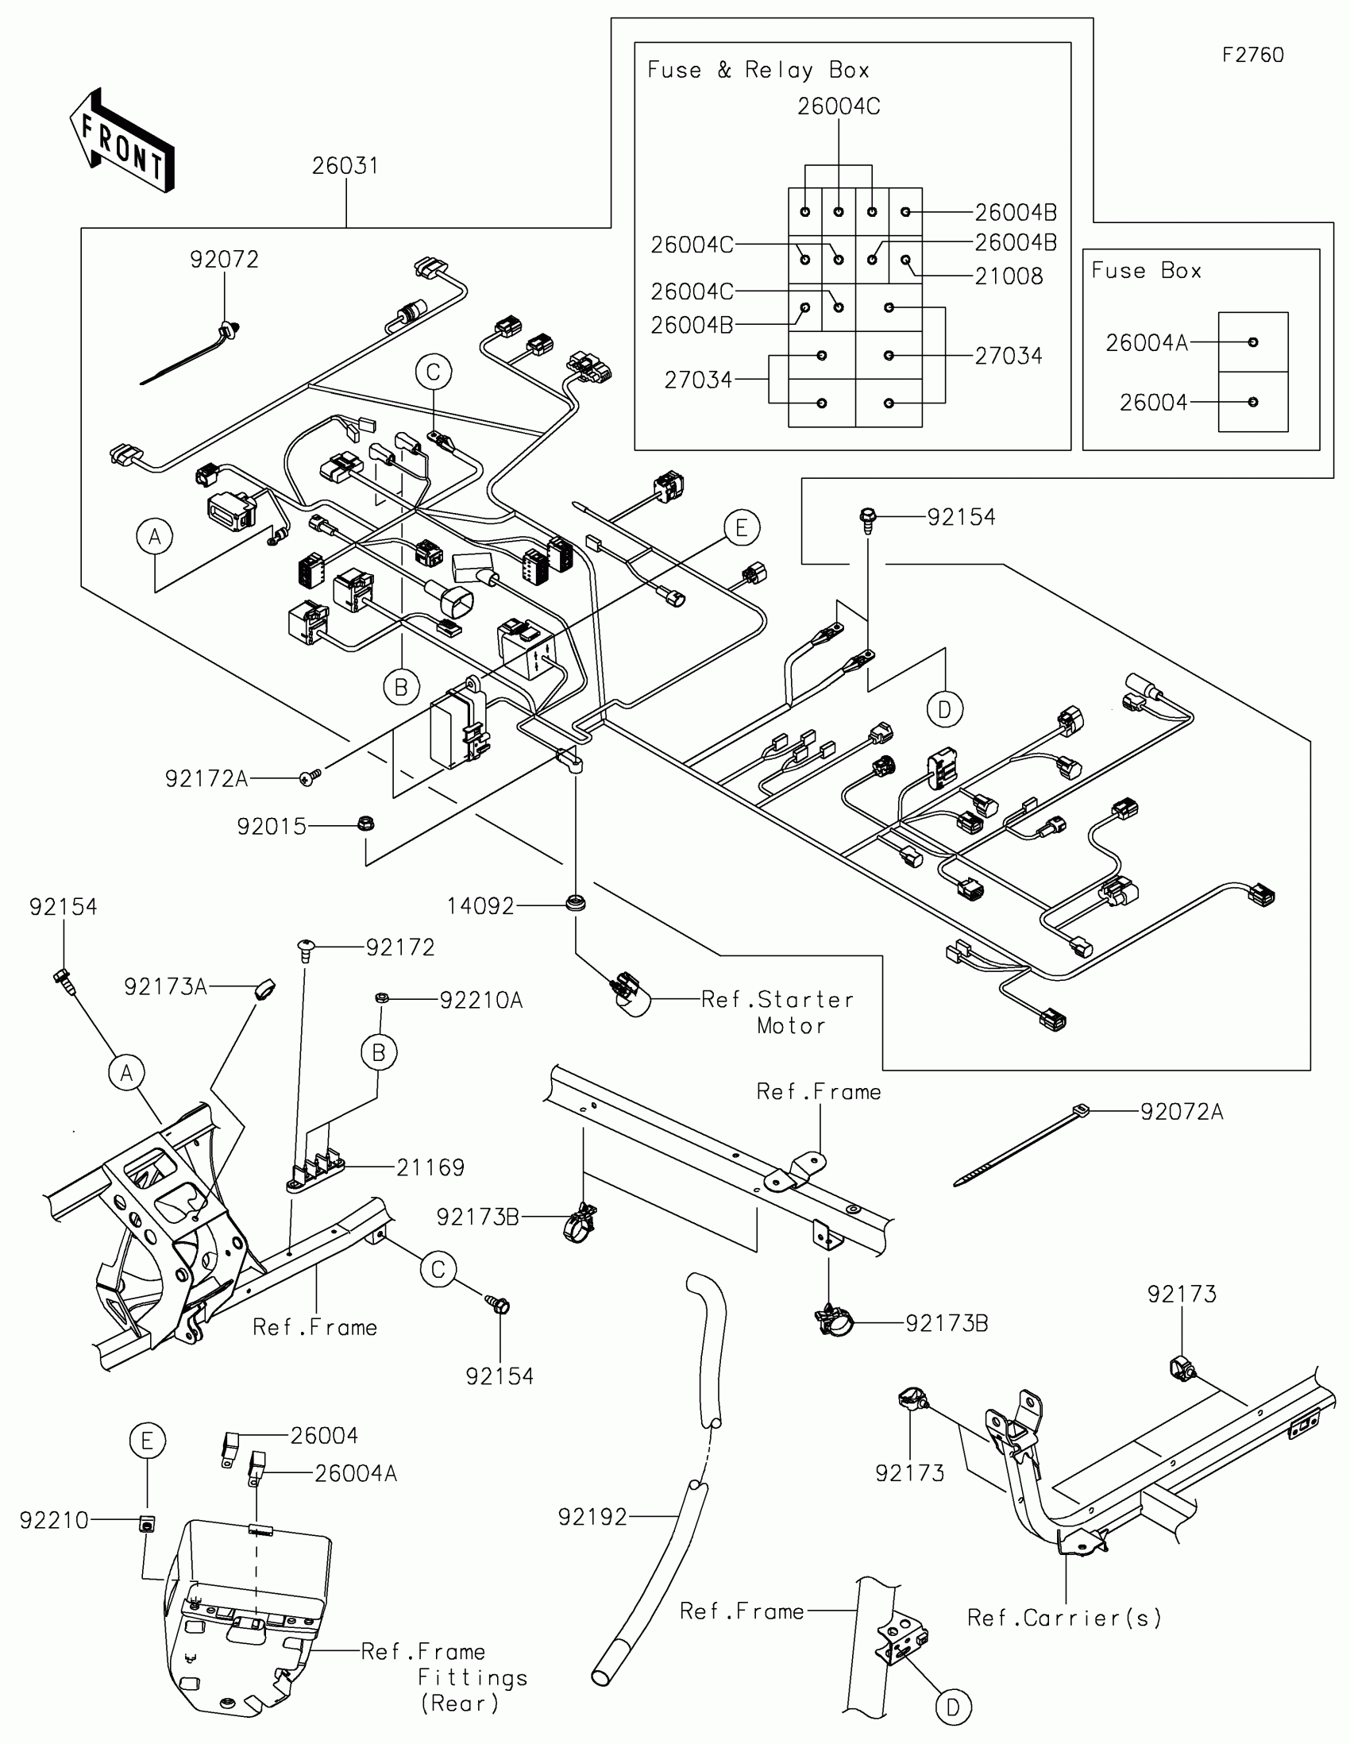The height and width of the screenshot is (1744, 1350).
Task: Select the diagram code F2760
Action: [1252, 55]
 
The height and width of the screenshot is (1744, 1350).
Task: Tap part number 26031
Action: [345, 166]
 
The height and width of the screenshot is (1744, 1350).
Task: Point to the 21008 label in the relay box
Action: [1009, 276]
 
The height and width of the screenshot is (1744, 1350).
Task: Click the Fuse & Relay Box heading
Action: [758, 70]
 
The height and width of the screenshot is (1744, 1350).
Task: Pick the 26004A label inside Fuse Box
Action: [1147, 342]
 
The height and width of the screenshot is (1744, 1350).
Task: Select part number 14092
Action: [480, 905]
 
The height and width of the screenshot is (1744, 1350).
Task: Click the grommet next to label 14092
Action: [575, 903]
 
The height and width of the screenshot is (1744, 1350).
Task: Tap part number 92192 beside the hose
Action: [592, 1516]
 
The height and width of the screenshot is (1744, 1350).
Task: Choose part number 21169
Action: [430, 1167]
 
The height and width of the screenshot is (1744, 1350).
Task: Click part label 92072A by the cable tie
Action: [1182, 1112]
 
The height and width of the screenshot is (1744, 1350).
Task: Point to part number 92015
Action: [272, 826]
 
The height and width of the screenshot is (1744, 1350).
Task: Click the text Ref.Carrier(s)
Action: [1064, 1618]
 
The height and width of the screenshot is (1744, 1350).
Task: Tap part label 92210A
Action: [481, 1001]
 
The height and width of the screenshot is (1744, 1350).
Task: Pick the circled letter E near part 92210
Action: [148, 1441]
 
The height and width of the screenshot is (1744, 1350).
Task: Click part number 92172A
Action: [206, 778]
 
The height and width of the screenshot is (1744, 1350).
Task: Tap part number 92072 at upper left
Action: [224, 260]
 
